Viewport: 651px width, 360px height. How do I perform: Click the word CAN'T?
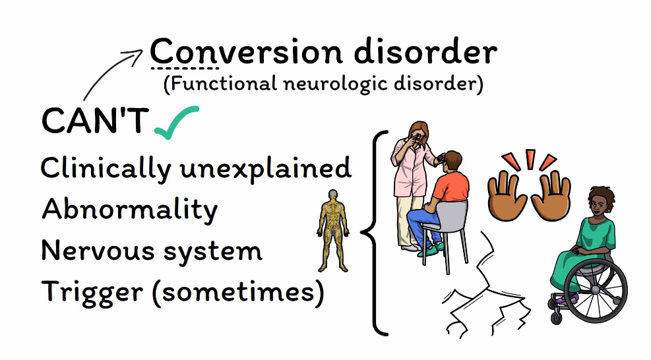95,121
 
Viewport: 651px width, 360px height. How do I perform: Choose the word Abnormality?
129,210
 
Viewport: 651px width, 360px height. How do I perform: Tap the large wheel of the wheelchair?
600,290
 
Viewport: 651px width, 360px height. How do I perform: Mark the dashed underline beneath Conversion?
184,68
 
